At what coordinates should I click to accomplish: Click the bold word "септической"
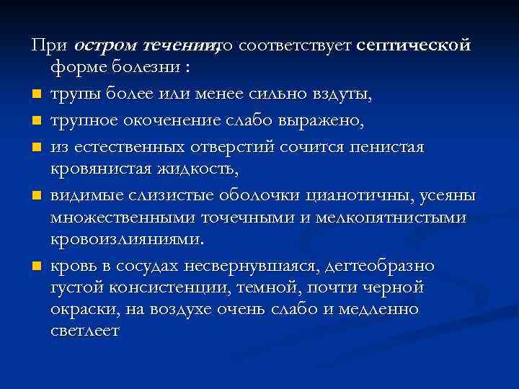click(414, 45)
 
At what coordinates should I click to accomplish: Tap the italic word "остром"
click(105, 45)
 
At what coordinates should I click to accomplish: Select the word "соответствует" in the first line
click(295, 45)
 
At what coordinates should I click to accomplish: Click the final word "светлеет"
click(85, 332)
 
